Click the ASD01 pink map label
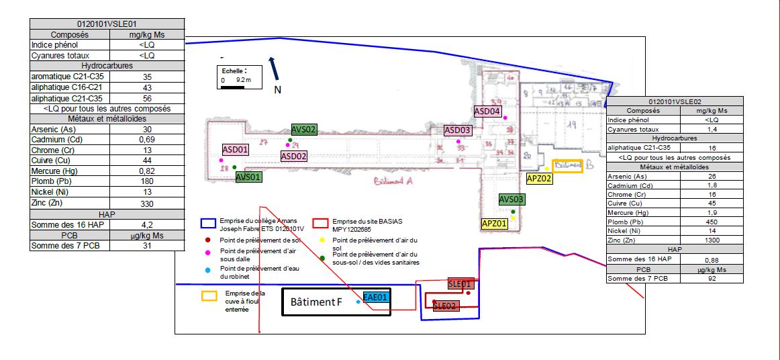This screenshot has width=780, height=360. (x=236, y=149)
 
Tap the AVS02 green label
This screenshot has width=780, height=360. (x=303, y=130)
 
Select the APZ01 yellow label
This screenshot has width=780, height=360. (x=495, y=224)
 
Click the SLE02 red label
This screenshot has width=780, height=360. (x=445, y=306)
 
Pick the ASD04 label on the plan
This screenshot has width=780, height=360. (x=487, y=111)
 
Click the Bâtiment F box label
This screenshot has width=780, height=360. (x=316, y=303)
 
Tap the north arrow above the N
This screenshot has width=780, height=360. (x=273, y=67)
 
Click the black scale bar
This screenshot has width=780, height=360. (x=232, y=86)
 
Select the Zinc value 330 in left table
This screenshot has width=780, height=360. (x=147, y=204)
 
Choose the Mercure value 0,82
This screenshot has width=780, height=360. (x=147, y=171)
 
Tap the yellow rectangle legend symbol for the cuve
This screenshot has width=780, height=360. (x=210, y=295)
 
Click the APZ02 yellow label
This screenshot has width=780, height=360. (x=539, y=179)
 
